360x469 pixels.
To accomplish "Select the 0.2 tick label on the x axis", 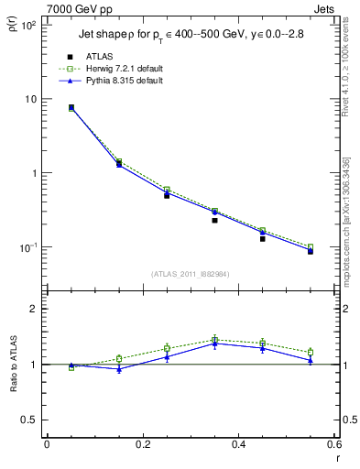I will pyautogui.click(x=142, y=444).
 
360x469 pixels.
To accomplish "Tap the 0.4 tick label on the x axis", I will pyautogui.click(x=238, y=444).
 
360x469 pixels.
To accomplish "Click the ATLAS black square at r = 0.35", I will pyautogui.click(x=214, y=220).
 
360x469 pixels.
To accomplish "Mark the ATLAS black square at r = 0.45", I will pyautogui.click(x=262, y=238).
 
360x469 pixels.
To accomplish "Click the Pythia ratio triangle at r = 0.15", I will pyautogui.click(x=119, y=368).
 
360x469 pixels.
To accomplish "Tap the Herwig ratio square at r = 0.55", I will pyautogui.click(x=311, y=352).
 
